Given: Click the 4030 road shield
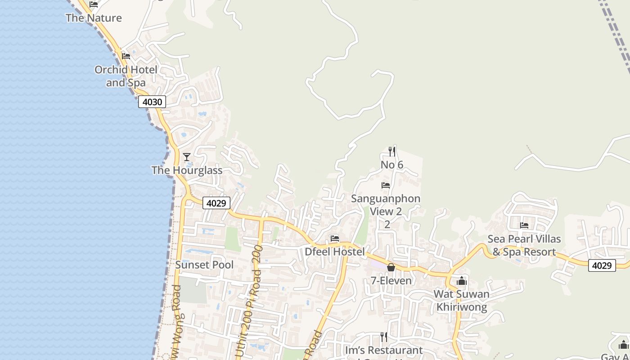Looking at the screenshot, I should pyautogui.click(x=152, y=102).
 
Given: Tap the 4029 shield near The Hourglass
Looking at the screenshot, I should pyautogui.click(x=216, y=203).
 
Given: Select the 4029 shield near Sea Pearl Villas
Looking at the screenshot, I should pyautogui.click(x=602, y=265).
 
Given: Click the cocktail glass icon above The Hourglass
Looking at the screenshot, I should pyautogui.click(x=187, y=157).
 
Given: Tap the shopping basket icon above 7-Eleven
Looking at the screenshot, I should pyautogui.click(x=391, y=267).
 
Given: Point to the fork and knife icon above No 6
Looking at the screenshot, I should pyautogui.click(x=392, y=152).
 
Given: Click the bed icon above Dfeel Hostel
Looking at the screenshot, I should pyautogui.click(x=334, y=238).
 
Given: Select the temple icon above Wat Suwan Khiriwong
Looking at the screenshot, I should pyautogui.click(x=462, y=281).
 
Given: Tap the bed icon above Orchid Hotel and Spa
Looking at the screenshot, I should pyautogui.click(x=126, y=56).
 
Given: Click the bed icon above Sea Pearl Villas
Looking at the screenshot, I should pyautogui.click(x=524, y=225).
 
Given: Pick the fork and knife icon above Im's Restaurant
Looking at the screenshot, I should pyautogui.click(x=384, y=337).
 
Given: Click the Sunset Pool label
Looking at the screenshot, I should pyautogui.click(x=204, y=265).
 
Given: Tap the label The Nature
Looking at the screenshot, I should pyautogui.click(x=94, y=18).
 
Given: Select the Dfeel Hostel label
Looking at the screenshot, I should pyautogui.click(x=335, y=252).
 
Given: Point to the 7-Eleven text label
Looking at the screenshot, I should pyautogui.click(x=391, y=281).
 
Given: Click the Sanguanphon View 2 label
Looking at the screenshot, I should pyautogui.click(x=386, y=205).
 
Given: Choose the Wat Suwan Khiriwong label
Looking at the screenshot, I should pyautogui.click(x=462, y=301).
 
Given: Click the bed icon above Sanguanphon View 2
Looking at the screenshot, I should pyautogui.click(x=386, y=185).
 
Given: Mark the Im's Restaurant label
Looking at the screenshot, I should pyautogui.click(x=384, y=350).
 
